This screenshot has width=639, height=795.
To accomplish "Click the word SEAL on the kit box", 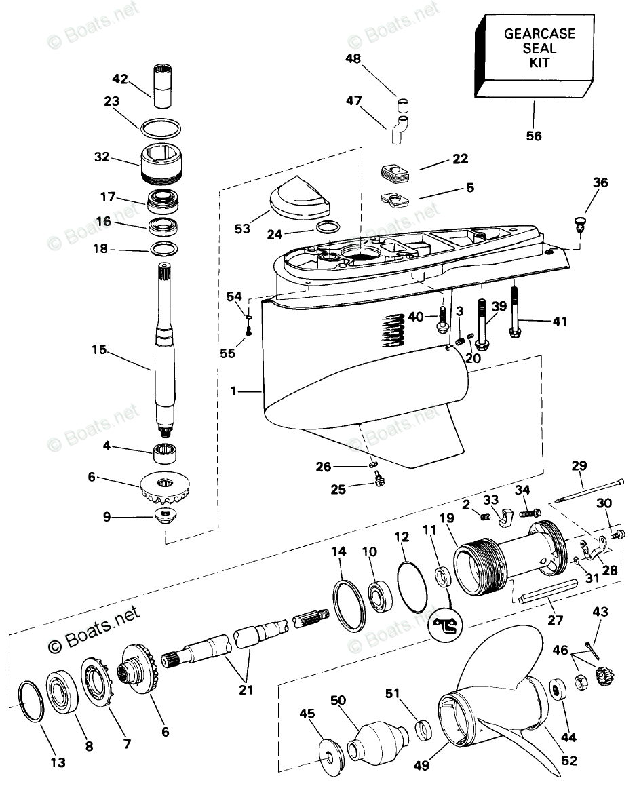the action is click(539, 48).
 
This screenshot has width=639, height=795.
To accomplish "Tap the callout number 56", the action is click(533, 136).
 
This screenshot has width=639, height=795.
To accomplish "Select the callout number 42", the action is click(119, 79).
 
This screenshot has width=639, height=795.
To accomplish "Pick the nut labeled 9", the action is click(166, 517).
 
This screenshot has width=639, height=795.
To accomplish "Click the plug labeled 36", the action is click(580, 224).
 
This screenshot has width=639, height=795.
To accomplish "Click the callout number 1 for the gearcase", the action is click(233, 391).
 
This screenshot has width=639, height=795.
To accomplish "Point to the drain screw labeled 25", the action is click(377, 478).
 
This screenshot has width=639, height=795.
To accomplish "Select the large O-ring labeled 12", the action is click(412, 585).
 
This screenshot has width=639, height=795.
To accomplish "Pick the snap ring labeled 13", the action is click(31, 701).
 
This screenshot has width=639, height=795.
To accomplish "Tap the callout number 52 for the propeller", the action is click(569, 760).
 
